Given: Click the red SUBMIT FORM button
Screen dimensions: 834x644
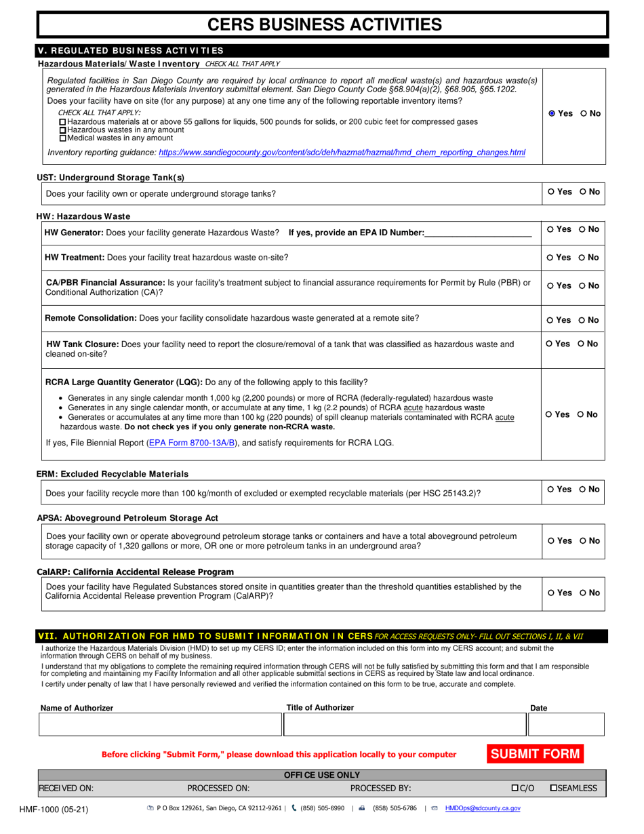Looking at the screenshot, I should click(535, 753).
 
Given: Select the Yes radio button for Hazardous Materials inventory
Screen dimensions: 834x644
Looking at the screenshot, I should click(552, 114).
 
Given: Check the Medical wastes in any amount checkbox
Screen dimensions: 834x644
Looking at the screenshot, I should click(64, 138).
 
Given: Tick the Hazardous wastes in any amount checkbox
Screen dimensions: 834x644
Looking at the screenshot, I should click(64, 130).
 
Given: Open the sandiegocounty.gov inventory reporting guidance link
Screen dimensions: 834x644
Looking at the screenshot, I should click(342, 153).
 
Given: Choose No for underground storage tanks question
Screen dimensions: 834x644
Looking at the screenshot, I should click(583, 192).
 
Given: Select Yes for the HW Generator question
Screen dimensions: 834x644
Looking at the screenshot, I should click(550, 230).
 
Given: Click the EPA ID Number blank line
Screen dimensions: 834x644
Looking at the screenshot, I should click(478, 233).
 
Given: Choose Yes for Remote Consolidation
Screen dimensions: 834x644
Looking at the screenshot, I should click(550, 320).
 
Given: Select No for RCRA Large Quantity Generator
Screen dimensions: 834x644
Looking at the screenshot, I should click(582, 414).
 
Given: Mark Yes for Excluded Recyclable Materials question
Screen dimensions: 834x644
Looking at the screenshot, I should click(551, 490).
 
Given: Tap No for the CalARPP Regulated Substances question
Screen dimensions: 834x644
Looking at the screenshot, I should click(584, 593).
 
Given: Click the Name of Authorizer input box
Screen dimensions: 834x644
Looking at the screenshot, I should click(159, 724).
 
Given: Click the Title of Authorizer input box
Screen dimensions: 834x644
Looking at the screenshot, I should click(404, 724).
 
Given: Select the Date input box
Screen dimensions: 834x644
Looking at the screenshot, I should click(565, 724).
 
